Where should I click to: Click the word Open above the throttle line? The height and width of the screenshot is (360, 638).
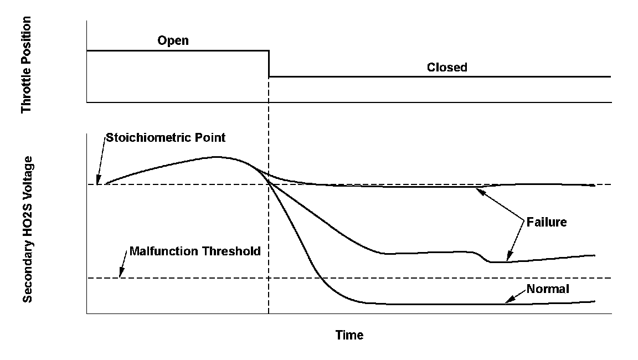pyautogui.click(x=173, y=41)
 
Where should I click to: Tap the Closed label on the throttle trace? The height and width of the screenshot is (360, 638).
pyautogui.click(x=447, y=68)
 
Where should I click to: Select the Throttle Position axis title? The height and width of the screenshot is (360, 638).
pyautogui.click(x=26, y=65)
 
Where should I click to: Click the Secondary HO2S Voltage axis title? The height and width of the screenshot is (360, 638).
pyautogui.click(x=28, y=229)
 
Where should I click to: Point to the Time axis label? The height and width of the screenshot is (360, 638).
pyautogui.click(x=349, y=335)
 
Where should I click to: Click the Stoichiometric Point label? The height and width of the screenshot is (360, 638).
pyautogui.click(x=166, y=137)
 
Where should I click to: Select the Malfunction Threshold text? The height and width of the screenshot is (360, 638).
pyautogui.click(x=194, y=251)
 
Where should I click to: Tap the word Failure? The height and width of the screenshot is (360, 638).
pyautogui.click(x=547, y=222)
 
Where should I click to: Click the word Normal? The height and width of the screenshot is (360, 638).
pyautogui.click(x=548, y=289)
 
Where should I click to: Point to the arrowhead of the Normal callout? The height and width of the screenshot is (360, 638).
pyautogui.click(x=506, y=302)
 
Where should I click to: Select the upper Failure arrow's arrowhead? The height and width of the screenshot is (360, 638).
pyautogui.click(x=478, y=189)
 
